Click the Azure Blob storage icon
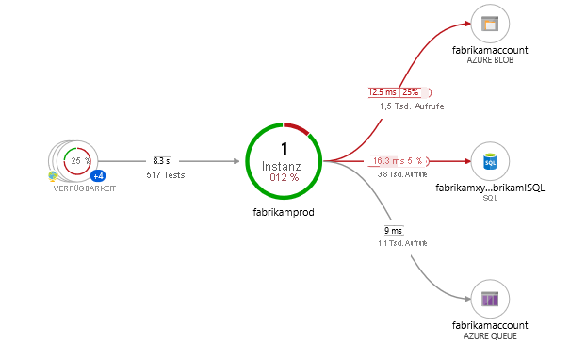489,25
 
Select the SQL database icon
489,162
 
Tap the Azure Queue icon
489,300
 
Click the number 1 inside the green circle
284,149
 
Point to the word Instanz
284,165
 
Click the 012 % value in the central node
284,177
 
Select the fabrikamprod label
284,212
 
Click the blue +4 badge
97,176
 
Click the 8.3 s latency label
161,161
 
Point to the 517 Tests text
161,174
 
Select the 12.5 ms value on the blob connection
383,92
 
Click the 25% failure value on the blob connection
411,92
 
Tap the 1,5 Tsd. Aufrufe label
412,106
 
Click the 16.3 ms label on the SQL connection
387,161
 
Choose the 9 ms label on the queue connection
393,231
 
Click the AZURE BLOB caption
489,59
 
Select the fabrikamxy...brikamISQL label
489,188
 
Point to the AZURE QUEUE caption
489,335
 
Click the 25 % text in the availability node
75,160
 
